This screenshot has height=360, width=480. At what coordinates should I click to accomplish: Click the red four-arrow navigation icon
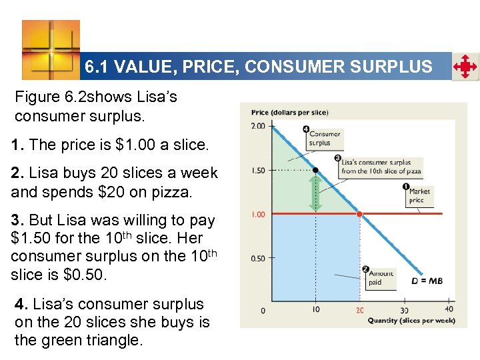pos(465,67)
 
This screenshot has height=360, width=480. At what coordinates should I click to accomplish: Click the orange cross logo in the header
pos(51,49)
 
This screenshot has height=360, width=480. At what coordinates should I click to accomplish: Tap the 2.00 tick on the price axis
pos(258,126)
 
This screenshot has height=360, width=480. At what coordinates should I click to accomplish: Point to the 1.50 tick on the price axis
pos(258,171)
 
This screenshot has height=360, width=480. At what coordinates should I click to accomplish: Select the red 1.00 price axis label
pos(258,214)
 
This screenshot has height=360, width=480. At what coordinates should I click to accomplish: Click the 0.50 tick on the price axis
pos(258,258)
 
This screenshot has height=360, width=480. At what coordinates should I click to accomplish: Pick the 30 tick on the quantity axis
pos(405,310)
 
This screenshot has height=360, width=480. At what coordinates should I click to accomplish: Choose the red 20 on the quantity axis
pos(360,310)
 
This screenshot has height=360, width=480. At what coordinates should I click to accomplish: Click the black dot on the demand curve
pos(316,170)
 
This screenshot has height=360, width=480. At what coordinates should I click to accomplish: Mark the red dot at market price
pos(360,214)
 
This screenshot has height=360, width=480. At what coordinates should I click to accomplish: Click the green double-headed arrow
pos(317,192)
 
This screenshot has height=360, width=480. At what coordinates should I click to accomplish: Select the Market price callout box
pos(420,196)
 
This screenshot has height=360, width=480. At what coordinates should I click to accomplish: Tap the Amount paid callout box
pos(381,278)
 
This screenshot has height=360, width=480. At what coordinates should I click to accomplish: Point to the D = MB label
pos(427,281)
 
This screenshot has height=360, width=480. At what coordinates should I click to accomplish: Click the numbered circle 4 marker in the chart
pos(306,129)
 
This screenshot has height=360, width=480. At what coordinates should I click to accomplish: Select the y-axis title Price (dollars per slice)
pos(289,112)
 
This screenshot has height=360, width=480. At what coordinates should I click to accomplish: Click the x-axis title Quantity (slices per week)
pos(411,321)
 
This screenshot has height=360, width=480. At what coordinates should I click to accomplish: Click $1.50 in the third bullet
pos(31,238)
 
